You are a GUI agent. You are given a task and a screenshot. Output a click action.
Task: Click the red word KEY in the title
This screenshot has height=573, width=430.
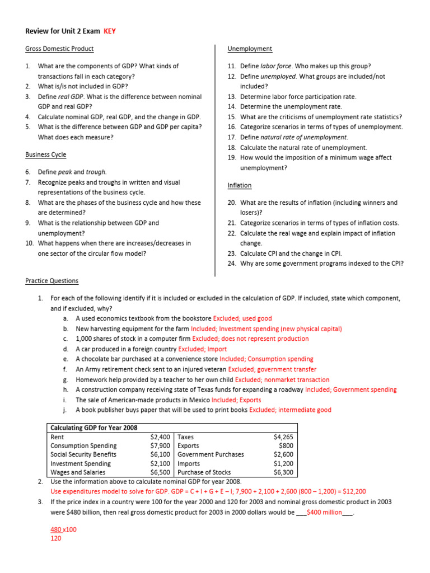click(110, 31)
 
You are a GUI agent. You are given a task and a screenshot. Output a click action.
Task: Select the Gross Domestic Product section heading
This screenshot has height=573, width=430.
click(59, 49)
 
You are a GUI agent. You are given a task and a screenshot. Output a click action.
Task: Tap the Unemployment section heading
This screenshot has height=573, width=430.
click(250, 49)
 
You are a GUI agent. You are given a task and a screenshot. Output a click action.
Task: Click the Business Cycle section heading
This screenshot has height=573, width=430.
click(46, 154)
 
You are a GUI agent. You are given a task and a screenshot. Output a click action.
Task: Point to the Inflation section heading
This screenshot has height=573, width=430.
click(240, 185)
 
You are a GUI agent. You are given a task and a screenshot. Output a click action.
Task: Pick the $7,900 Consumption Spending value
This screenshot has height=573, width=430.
click(161, 446)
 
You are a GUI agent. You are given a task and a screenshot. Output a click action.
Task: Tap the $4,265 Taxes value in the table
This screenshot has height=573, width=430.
click(283, 437)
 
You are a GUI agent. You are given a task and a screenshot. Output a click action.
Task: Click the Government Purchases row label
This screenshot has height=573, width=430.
click(211, 455)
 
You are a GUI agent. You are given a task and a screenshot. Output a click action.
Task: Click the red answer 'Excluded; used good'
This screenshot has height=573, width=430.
click(242, 318)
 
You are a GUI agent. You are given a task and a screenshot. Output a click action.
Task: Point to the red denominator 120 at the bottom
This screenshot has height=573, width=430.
click(56, 539)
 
